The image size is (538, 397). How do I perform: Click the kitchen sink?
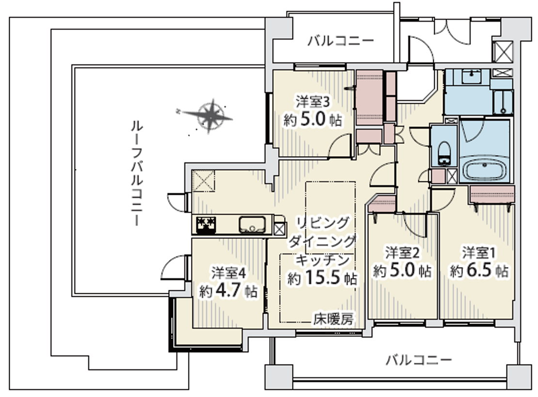pyautogui.click(x=252, y=224)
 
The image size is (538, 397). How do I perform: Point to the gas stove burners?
pyautogui.click(x=206, y=224)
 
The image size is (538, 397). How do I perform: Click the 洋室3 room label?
pyautogui.click(x=313, y=102)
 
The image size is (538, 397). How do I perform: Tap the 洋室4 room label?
pyautogui.click(x=228, y=273)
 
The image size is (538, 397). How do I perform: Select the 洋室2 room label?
pyautogui.click(x=402, y=253)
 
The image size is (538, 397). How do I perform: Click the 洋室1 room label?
pyautogui.click(x=479, y=253)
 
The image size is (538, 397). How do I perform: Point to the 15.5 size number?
pyautogui.click(x=322, y=278)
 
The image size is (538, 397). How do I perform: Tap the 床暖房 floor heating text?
pyautogui.click(x=333, y=319)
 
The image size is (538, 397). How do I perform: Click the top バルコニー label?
pyautogui.click(x=340, y=42)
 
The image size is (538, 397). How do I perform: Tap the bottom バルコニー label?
pyautogui.click(x=419, y=360)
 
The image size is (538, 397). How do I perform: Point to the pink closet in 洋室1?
pyautogui.click(x=492, y=194)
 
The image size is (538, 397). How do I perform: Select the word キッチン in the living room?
pyautogui.click(x=322, y=260)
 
